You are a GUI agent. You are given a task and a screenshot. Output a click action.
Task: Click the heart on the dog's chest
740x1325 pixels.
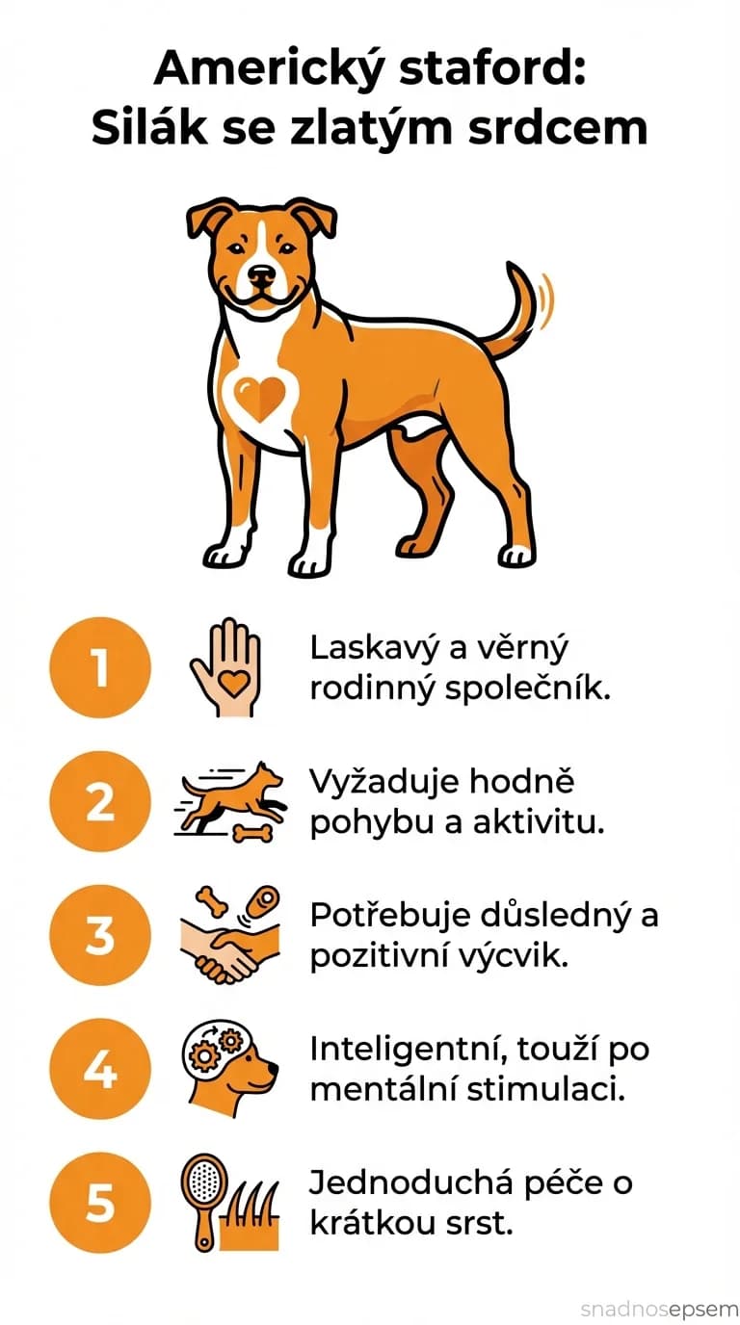(260, 398)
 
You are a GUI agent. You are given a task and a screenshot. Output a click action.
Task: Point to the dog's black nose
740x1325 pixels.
(261, 276)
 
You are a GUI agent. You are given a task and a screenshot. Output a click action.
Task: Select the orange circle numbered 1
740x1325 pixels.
(100, 668)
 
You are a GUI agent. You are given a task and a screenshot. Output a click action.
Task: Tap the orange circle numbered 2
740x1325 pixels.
(100, 802)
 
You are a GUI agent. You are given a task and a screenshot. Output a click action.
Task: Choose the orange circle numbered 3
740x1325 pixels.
(100, 936)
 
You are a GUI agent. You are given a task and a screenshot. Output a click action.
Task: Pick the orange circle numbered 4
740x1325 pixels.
(100, 1070)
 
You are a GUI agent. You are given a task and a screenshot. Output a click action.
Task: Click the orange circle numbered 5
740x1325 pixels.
(100, 1204)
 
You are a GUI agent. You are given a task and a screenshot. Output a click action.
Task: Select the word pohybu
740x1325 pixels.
(359, 825)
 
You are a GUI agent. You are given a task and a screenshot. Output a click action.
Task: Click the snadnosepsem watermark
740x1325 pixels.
(659, 1309)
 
